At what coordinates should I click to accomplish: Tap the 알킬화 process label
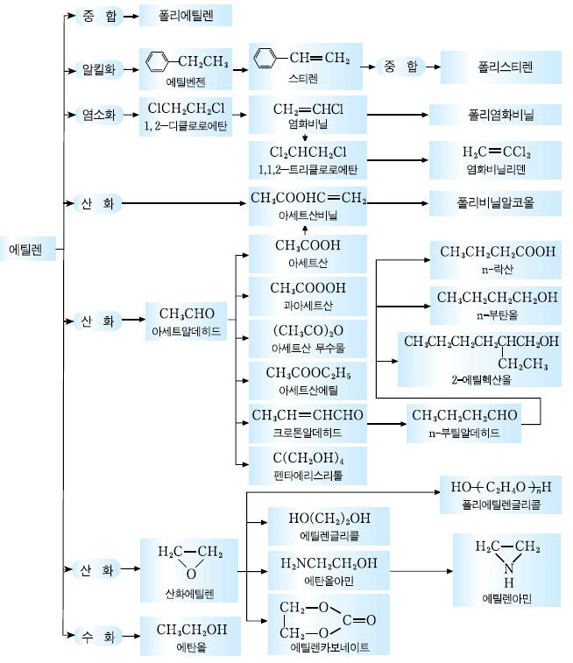pos(97,67)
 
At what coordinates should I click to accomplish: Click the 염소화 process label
pos(97,114)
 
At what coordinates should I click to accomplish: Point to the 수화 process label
pos(97,634)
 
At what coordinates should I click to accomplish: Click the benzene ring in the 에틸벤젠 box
pos(158,60)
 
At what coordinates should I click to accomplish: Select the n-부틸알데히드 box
pos(463,422)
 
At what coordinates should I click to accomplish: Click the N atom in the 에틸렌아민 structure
pos(509,568)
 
